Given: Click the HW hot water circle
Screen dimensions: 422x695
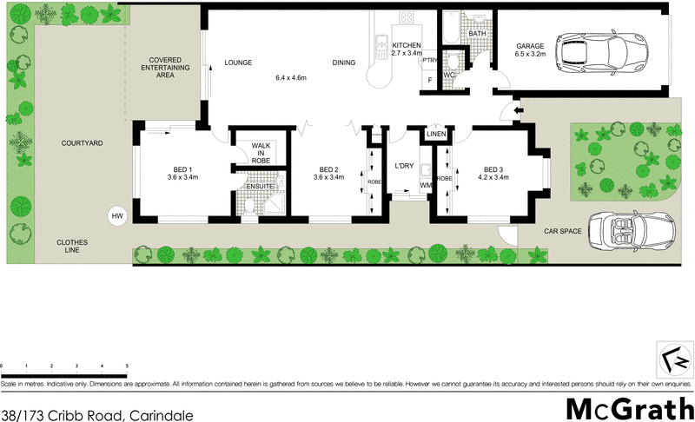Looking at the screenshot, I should [116, 216].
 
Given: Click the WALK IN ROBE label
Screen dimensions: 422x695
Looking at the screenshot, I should [260, 154].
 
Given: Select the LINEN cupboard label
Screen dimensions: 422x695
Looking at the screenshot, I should [436, 135].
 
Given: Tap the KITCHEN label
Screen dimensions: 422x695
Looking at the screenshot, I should [407, 45].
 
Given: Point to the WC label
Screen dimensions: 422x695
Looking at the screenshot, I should [449, 75].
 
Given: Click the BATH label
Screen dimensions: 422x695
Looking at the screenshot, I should [477, 34].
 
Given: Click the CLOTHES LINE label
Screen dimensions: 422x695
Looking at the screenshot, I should [72, 247].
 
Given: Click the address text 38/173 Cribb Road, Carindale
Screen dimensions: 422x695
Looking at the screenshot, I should [96, 414].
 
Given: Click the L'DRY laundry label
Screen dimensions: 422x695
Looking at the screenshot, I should [403, 166].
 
